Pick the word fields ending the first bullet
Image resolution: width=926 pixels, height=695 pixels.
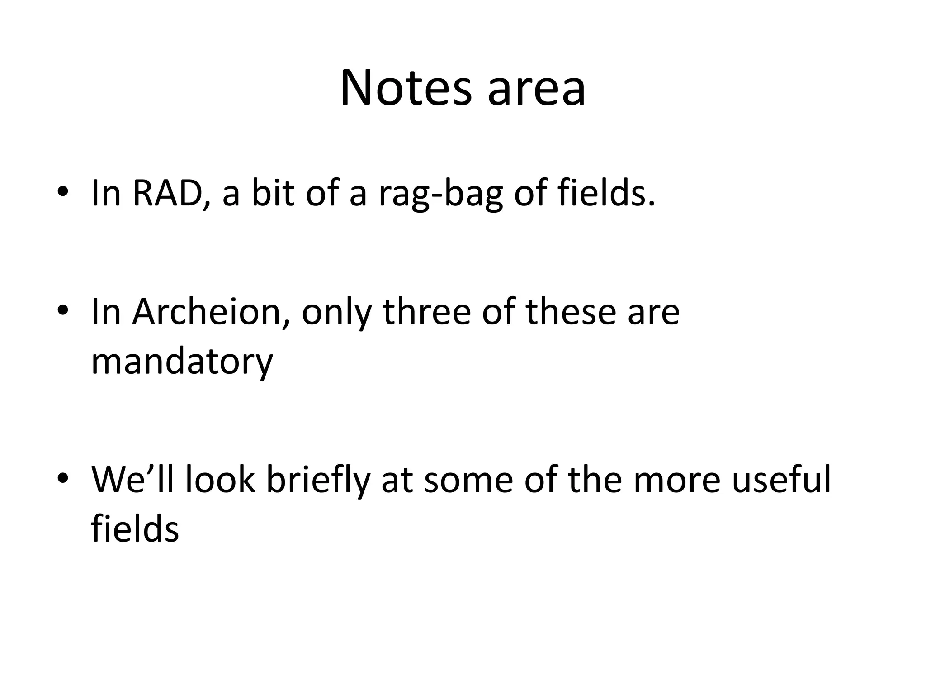[606, 193]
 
